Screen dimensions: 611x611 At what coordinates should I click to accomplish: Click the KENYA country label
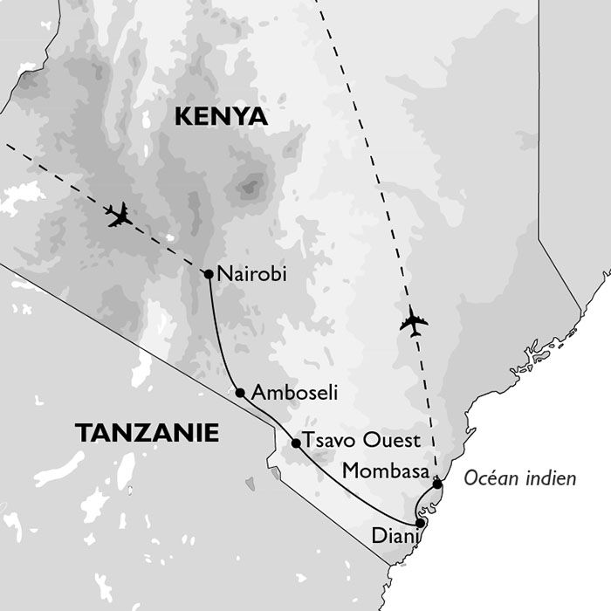(x=221, y=117)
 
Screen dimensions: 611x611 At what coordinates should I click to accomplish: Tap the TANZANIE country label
(x=147, y=433)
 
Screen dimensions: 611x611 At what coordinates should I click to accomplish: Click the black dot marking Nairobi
(x=209, y=274)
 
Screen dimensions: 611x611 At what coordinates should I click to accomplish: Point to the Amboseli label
(x=293, y=394)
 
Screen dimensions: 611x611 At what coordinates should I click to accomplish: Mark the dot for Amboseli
(x=240, y=393)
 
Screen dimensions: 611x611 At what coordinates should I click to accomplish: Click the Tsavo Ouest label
(x=360, y=440)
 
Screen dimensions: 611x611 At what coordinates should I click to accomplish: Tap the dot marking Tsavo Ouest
(x=296, y=443)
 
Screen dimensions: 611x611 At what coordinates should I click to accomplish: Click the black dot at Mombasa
(x=437, y=483)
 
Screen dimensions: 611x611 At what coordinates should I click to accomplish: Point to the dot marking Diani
(x=421, y=523)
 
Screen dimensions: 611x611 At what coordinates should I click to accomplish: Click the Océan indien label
(x=520, y=478)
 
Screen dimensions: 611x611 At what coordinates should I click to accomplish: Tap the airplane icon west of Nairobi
(x=119, y=215)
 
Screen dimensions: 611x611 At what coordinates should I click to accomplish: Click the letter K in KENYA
(x=183, y=117)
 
